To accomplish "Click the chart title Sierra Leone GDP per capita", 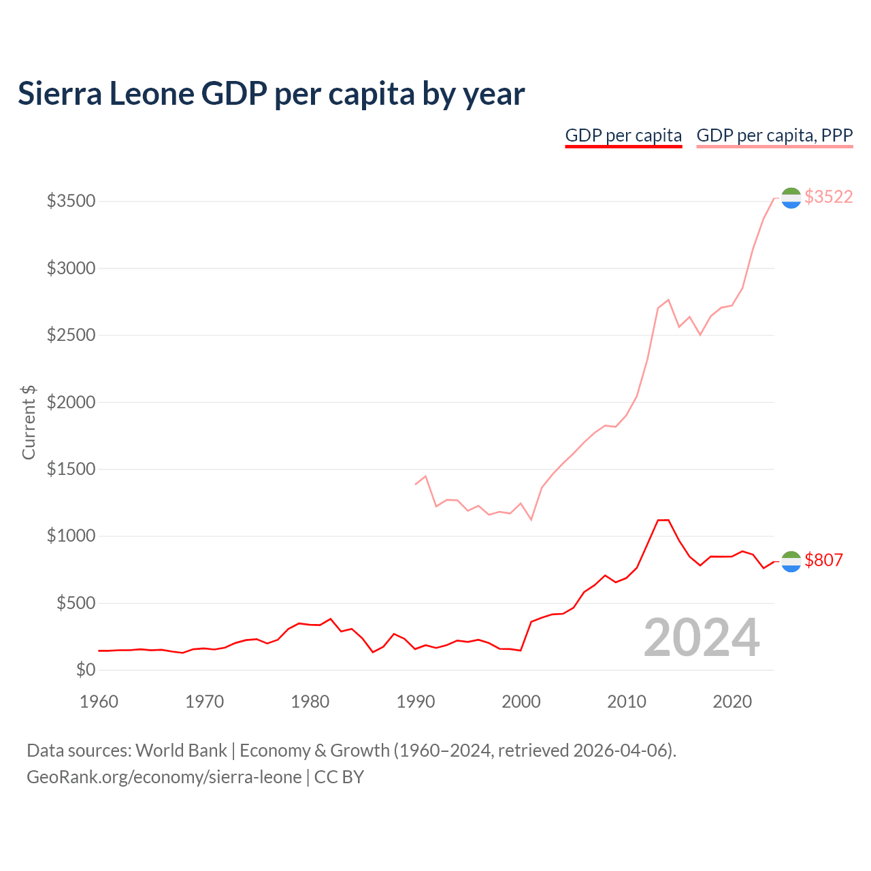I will click(271, 94).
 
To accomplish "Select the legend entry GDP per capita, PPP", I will click(774, 135).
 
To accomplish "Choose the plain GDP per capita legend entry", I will click(623, 135).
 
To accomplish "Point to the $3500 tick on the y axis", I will click(71, 201).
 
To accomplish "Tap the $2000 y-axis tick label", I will click(71, 402).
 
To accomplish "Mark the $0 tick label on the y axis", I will click(85, 670).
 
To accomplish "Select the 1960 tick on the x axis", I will click(99, 701).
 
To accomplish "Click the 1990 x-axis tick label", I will click(416, 701).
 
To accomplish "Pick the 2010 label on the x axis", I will click(627, 701).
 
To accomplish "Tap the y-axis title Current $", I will click(29, 422).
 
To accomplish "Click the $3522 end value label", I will click(828, 197).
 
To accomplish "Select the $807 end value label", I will click(823, 560).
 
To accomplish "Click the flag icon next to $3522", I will click(791, 198).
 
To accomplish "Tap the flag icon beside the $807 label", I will click(791, 561).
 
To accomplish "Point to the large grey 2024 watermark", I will click(702, 638).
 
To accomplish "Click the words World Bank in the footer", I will click(181, 751).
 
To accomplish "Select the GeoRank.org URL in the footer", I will click(164, 777).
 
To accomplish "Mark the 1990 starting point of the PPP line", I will click(415, 484).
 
